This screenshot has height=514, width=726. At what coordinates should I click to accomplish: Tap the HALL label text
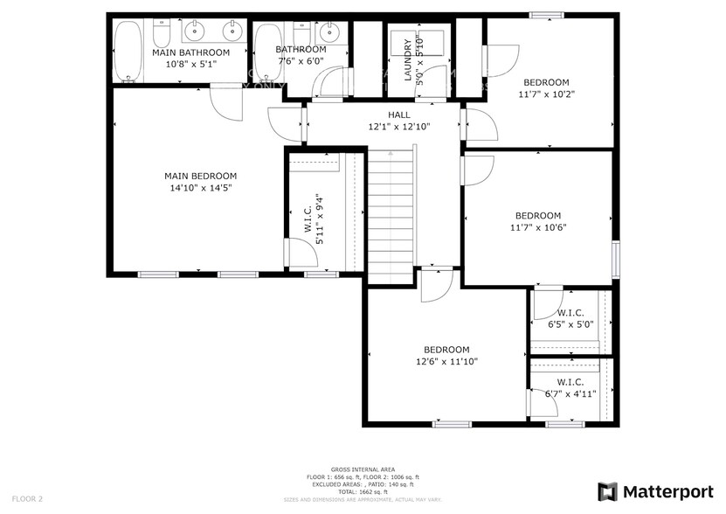click(399, 115)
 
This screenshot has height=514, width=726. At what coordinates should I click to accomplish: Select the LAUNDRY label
click(407, 60)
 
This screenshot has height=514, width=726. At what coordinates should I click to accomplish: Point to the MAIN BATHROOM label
click(190, 52)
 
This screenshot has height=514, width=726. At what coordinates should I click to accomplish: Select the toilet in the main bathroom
click(162, 33)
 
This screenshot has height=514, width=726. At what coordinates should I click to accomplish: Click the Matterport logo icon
click(608, 491)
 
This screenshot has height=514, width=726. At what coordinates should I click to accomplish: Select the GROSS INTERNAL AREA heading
click(362, 469)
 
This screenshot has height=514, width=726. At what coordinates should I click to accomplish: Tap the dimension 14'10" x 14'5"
click(189, 187)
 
